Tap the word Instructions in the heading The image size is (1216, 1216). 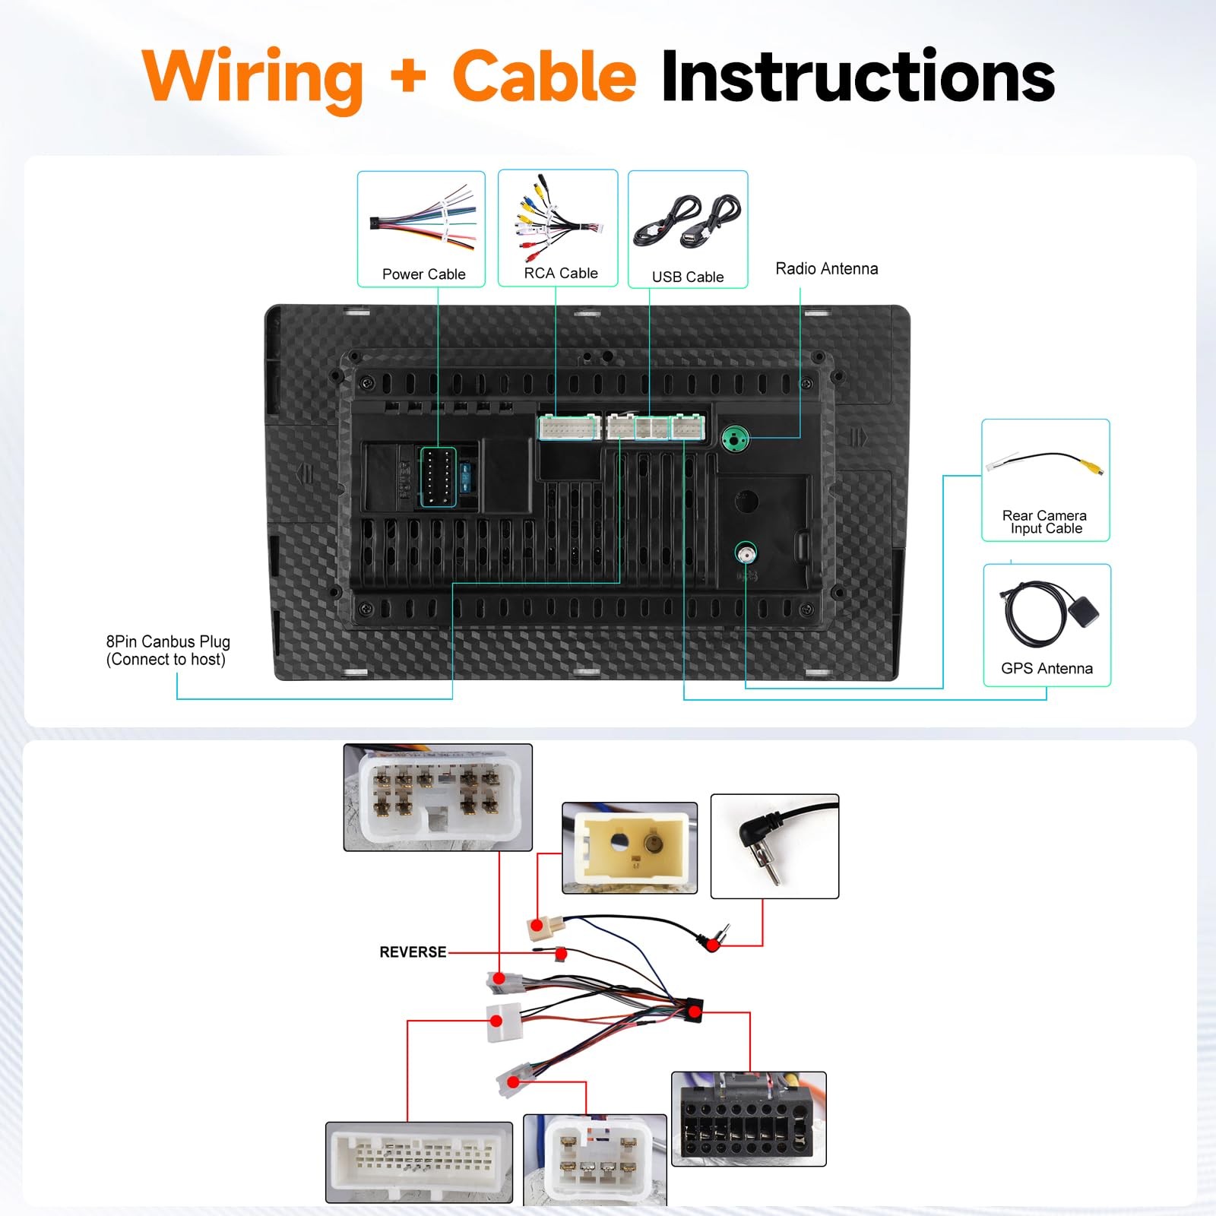(858, 76)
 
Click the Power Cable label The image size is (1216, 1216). (423, 274)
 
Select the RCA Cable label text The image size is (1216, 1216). (561, 273)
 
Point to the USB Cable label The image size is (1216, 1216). (688, 277)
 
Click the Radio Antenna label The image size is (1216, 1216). (827, 268)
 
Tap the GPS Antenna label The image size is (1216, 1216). (1047, 668)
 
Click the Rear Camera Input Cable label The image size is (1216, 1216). (1045, 522)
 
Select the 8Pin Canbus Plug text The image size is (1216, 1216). (168, 641)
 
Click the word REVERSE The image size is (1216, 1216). (413, 952)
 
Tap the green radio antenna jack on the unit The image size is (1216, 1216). (735, 439)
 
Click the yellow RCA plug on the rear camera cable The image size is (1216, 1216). (1093, 467)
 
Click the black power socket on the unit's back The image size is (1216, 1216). (438, 477)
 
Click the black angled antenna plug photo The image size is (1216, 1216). (774, 846)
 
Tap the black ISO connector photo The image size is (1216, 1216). (749, 1119)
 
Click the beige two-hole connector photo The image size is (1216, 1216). (629, 847)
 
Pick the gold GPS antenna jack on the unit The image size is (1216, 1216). (746, 553)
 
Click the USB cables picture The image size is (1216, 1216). (688, 220)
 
